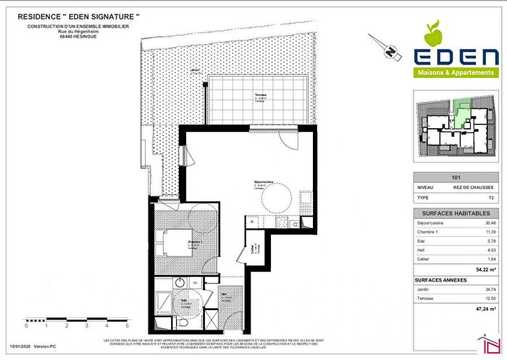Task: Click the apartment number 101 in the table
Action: click(456, 176)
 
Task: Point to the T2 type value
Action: click(490, 196)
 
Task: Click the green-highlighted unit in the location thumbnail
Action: click(461, 112)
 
